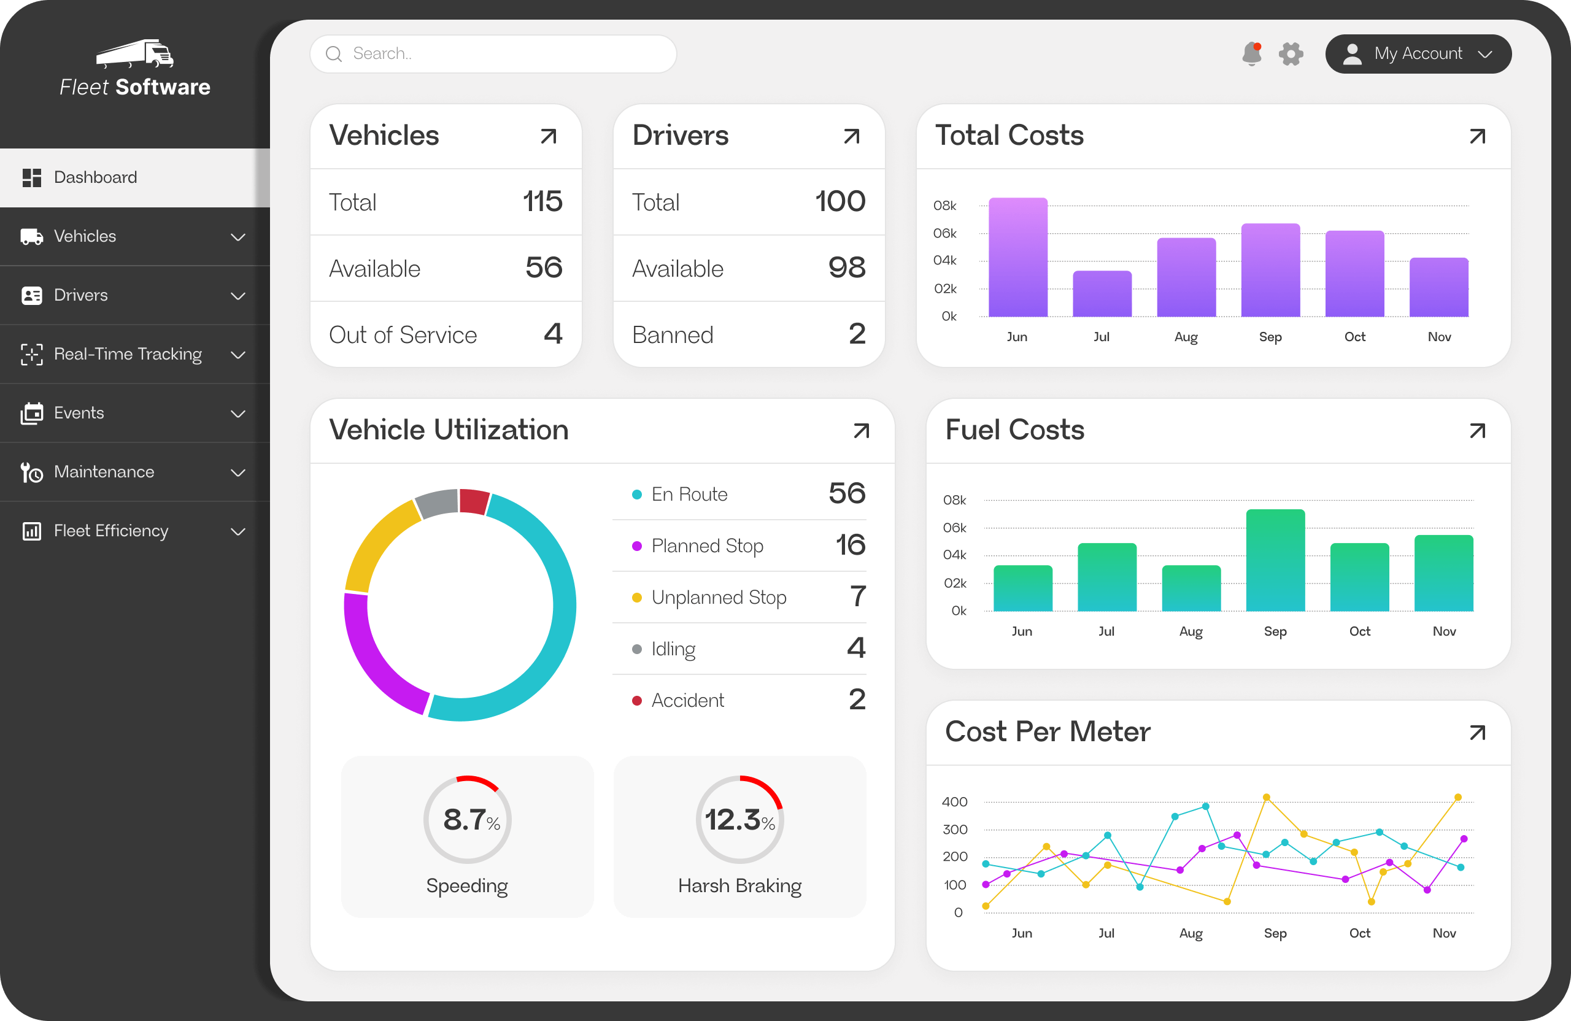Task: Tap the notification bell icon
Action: click(1251, 53)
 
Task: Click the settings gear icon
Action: click(1291, 53)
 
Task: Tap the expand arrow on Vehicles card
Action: click(548, 136)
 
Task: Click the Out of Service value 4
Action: click(552, 334)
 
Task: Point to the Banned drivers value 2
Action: click(856, 334)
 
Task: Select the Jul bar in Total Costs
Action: click(1102, 295)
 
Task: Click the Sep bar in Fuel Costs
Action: click(1275, 561)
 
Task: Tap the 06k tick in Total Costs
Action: click(944, 233)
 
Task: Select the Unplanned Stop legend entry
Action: click(718, 597)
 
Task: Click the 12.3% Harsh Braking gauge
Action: click(739, 819)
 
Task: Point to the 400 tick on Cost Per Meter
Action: click(954, 802)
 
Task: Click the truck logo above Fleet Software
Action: click(136, 53)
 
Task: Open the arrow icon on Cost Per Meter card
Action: click(1476, 733)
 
